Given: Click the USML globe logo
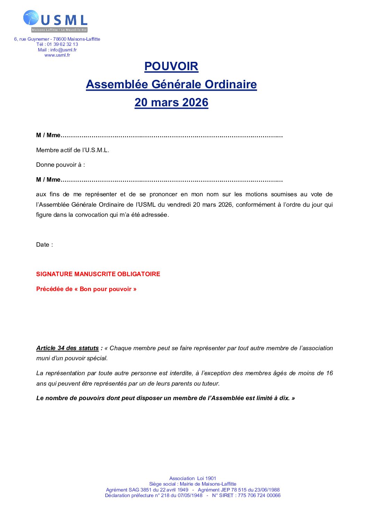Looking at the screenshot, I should click(x=31, y=18).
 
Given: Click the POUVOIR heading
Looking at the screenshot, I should click(x=171, y=66).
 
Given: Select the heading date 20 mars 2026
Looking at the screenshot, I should click(x=171, y=102).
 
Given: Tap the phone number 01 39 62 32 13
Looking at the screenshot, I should click(x=63, y=44).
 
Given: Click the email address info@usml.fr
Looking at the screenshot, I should click(x=63, y=50).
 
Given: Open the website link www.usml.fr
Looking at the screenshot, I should click(x=57, y=55).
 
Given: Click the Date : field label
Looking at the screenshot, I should click(x=45, y=245).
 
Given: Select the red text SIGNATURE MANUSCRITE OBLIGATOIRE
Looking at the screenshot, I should click(x=98, y=274).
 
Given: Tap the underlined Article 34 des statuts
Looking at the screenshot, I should click(x=67, y=348).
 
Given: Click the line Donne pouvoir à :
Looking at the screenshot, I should click(x=61, y=165).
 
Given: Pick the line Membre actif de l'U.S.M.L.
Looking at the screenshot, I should click(x=73, y=150).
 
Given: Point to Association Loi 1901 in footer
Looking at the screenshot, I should click(x=193, y=478).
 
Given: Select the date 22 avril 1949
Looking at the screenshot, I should click(x=174, y=490).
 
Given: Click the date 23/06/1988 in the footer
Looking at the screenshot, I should click(x=267, y=490).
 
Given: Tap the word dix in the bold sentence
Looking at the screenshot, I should click(x=284, y=398).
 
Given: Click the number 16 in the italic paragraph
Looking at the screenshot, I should click(x=329, y=373).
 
